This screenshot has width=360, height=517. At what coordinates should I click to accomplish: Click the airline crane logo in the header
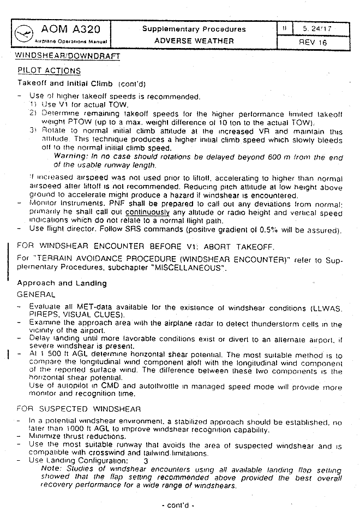24,33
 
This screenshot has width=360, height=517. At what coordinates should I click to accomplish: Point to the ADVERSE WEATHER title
194,40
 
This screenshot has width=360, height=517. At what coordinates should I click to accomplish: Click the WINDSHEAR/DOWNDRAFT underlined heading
68,56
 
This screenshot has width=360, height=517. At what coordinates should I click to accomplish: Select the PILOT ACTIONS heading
49,71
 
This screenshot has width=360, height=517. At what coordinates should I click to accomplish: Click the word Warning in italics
68,156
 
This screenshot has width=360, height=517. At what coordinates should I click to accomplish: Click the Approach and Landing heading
62,283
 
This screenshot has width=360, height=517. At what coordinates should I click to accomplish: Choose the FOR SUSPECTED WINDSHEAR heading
79,408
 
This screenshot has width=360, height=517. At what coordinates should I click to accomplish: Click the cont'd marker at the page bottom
178,506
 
